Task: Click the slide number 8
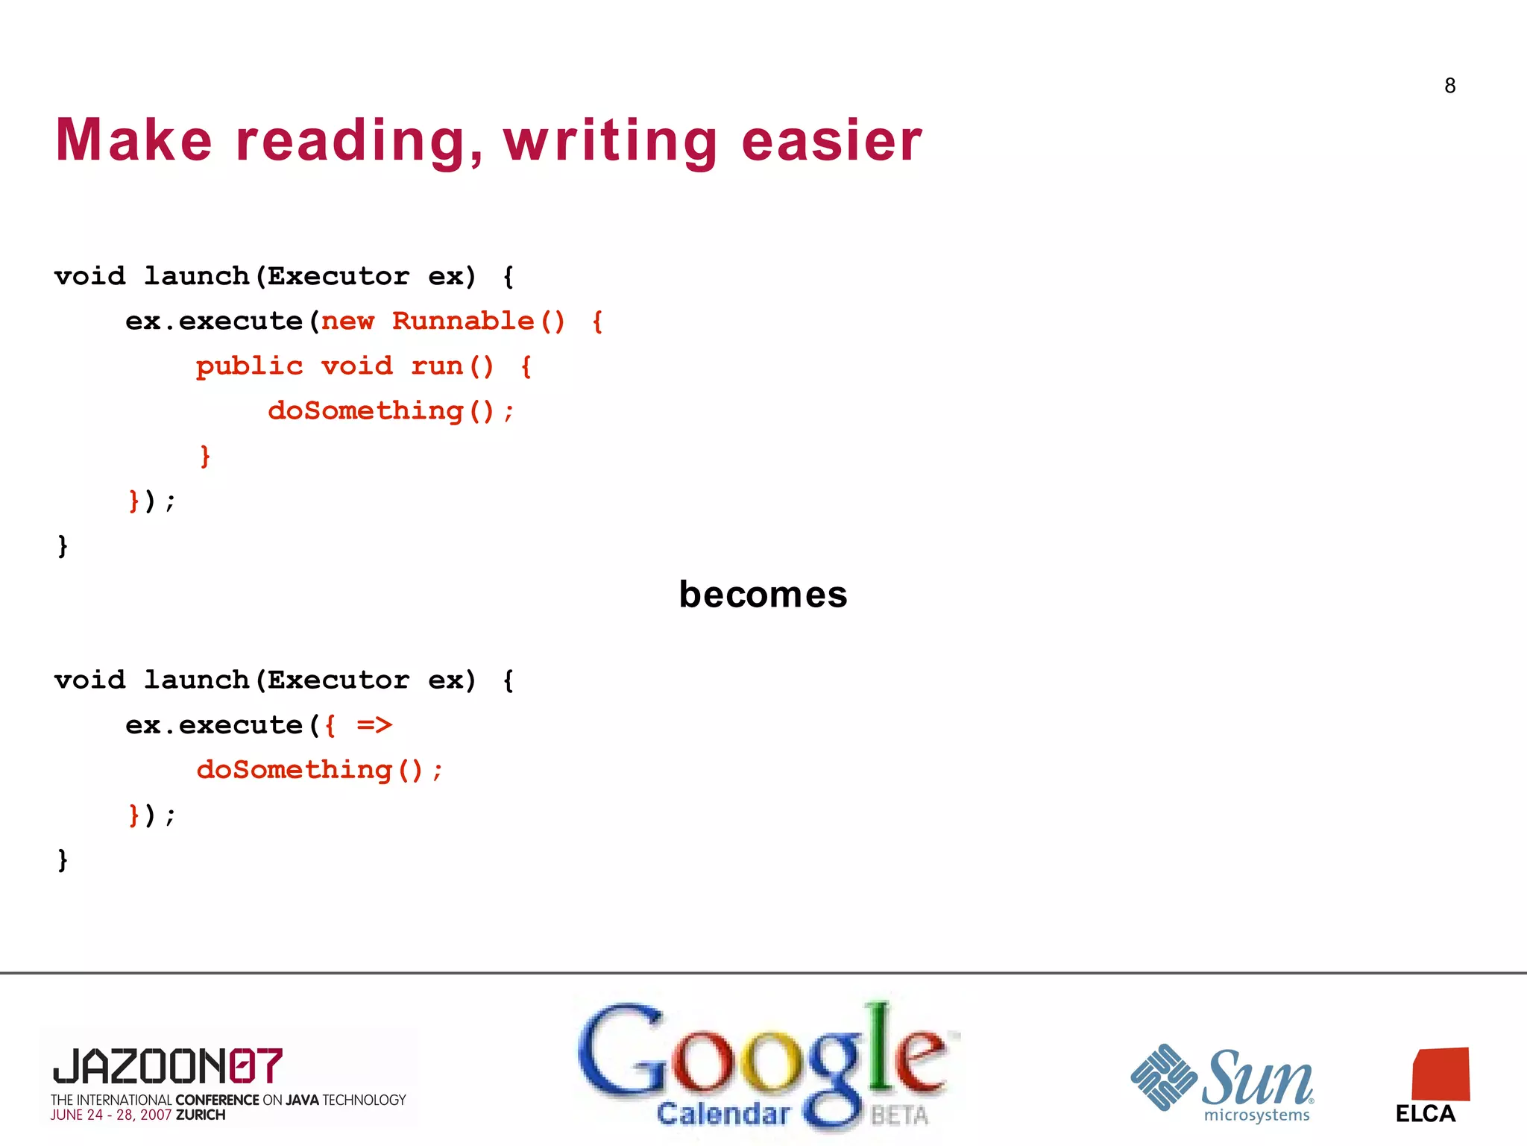(1449, 86)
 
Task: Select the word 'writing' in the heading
(610, 142)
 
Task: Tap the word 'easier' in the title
(831, 142)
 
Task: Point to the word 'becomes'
(763, 595)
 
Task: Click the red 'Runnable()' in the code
(478, 322)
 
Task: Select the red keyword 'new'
(347, 322)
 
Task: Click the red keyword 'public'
(249, 366)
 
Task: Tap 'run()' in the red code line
(452, 366)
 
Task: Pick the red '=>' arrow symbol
(374, 725)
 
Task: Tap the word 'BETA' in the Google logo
(900, 1115)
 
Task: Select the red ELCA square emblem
(1441, 1074)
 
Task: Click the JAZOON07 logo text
(168, 1065)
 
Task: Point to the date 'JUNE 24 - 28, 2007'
(111, 1115)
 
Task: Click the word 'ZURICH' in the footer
(201, 1115)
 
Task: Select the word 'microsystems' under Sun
(1256, 1116)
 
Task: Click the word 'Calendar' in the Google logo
(722, 1114)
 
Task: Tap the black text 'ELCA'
(1425, 1114)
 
